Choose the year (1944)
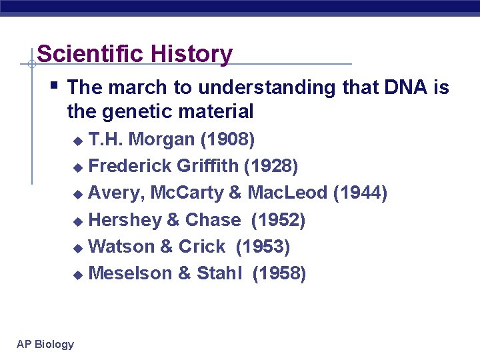[x=360, y=193]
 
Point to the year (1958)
[x=279, y=273]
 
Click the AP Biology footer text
[x=45, y=344]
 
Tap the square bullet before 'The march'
[x=53, y=85]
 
